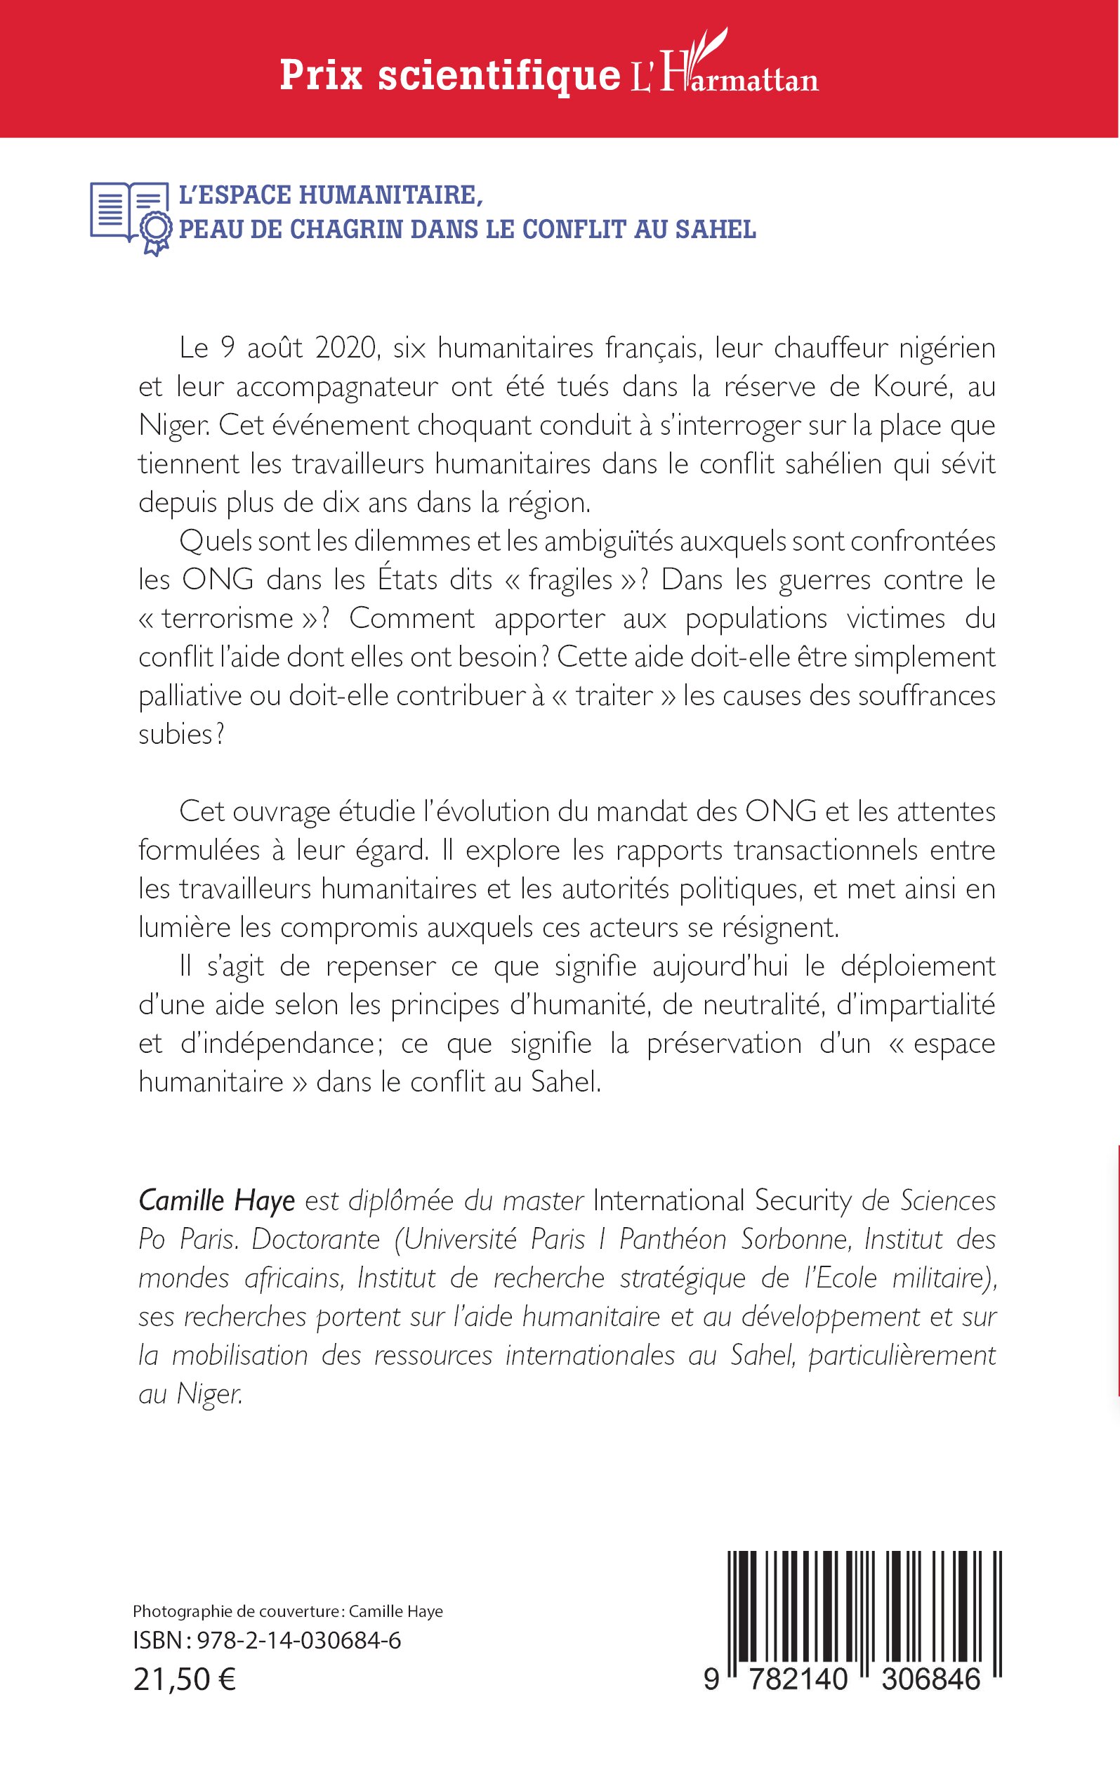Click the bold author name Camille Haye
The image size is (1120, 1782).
pos(217,1200)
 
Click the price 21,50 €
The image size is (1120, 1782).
pos(185,1680)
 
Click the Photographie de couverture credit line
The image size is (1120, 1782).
pos(288,1611)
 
